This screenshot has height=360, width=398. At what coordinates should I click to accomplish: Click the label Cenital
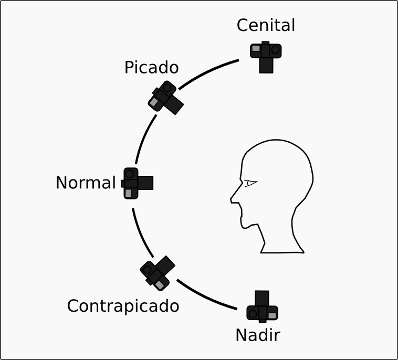(266, 25)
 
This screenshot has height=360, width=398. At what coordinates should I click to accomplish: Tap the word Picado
(151, 68)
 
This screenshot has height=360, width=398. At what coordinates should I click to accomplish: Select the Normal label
(85, 183)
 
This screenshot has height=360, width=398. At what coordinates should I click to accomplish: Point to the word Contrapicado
(123, 305)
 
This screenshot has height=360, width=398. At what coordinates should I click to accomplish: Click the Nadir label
(257, 335)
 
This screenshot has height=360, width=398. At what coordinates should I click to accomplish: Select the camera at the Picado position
(165, 98)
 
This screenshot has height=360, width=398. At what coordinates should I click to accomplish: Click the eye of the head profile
(250, 183)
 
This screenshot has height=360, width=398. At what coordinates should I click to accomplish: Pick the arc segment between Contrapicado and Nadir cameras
(206, 297)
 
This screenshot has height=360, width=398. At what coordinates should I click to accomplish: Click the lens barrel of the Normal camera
(146, 183)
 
